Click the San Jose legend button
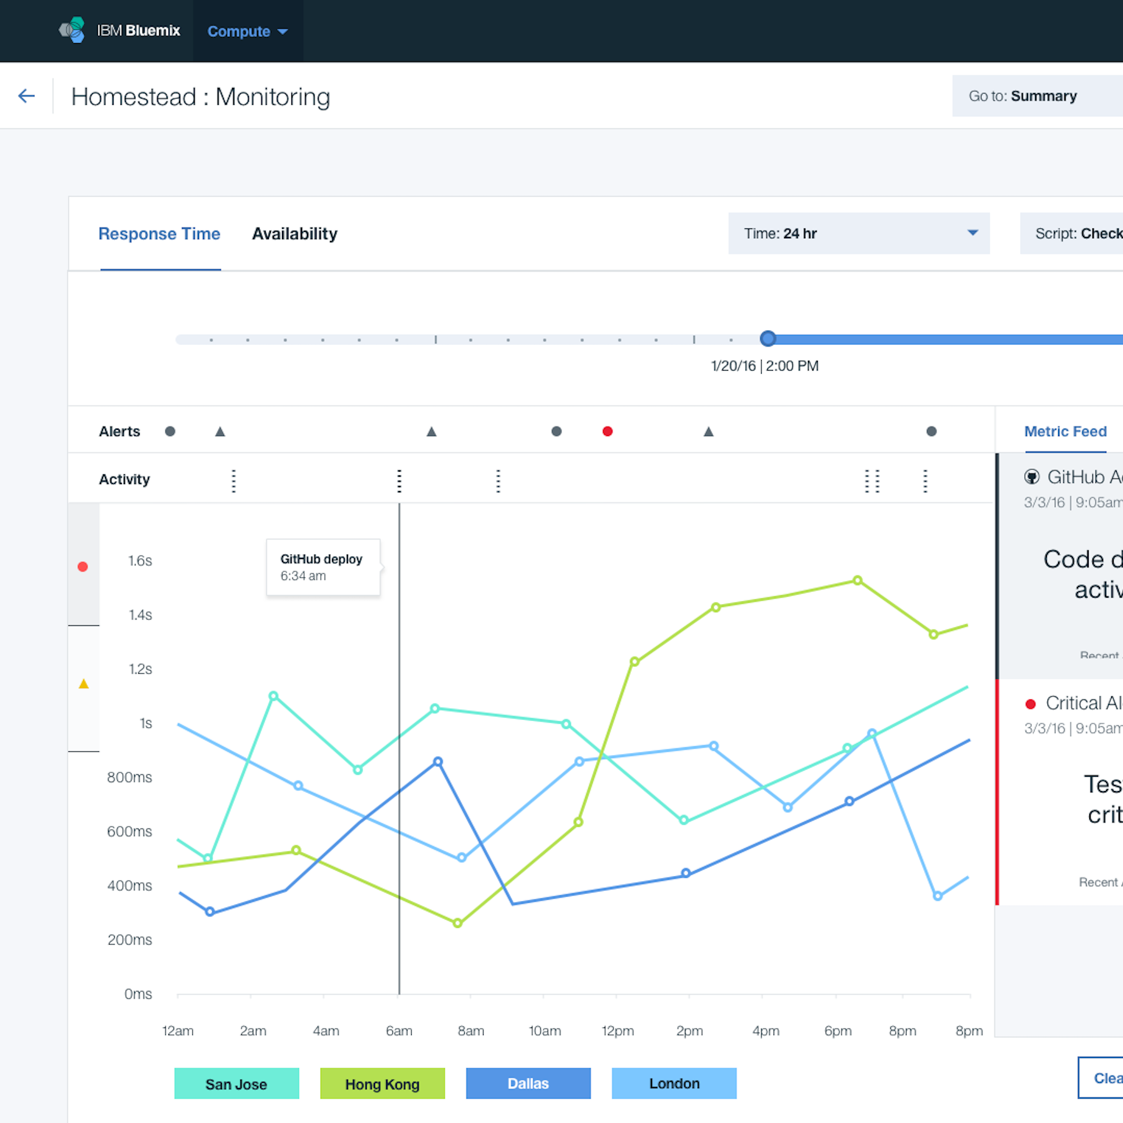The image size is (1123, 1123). coord(236,1084)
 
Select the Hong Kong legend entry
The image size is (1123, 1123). coord(382,1084)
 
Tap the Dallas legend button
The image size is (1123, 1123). coord(528,1084)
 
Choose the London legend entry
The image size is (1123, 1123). coord(674,1084)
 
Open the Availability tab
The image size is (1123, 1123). coord(294,234)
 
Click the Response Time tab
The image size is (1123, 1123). coord(160,234)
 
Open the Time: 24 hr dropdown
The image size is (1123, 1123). coord(858,233)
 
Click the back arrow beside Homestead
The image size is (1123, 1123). coord(26,96)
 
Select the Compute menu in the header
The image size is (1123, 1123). coord(247,31)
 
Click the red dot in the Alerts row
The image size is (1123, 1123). coord(608,431)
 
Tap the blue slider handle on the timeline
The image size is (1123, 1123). coord(768,339)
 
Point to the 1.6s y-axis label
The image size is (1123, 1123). coord(140,561)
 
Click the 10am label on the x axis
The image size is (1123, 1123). coord(545,1031)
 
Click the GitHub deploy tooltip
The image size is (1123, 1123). coord(323,567)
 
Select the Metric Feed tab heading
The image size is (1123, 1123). coord(1066,431)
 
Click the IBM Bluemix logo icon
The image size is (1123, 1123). coord(72,30)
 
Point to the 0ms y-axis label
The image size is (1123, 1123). coord(139,994)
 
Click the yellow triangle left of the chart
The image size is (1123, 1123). coord(84,684)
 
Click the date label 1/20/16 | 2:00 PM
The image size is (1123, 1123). coord(765,366)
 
